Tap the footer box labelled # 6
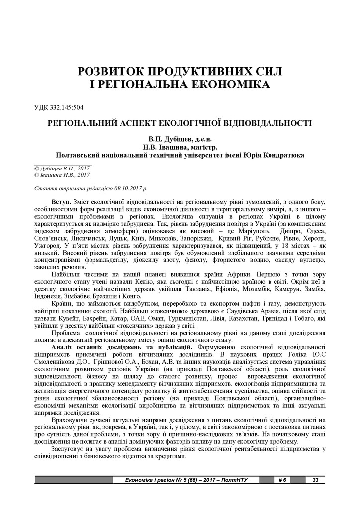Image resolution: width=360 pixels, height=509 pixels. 283,480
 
